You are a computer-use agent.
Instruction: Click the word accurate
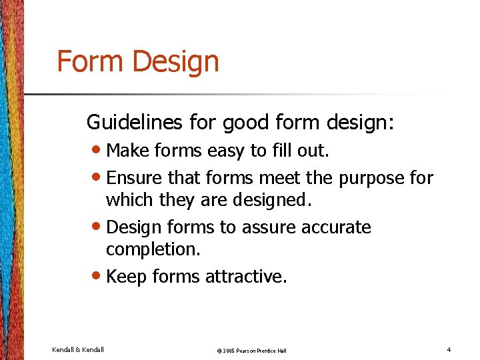pos(336,227)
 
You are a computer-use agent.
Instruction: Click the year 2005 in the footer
pos(228,350)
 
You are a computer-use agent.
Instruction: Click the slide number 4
pos(449,349)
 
